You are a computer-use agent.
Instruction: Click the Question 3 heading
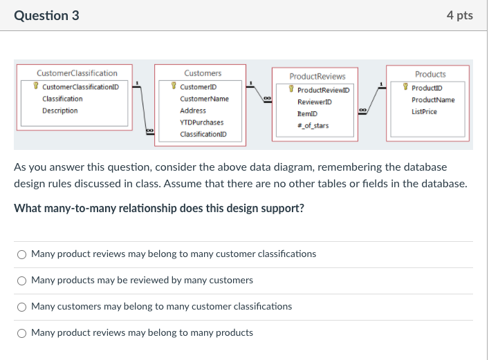pyautogui.click(x=46, y=15)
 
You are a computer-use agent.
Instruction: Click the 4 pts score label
pyautogui.click(x=460, y=15)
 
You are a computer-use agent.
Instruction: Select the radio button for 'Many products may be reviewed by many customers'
pyautogui.click(x=22, y=281)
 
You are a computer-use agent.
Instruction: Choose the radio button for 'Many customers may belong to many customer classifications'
pyautogui.click(x=22, y=307)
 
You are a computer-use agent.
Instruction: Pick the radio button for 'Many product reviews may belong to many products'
pyautogui.click(x=22, y=333)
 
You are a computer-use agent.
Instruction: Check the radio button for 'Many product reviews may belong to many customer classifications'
pyautogui.click(x=22, y=254)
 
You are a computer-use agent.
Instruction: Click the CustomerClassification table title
pyautogui.click(x=77, y=73)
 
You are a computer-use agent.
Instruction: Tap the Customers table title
pyautogui.click(x=203, y=73)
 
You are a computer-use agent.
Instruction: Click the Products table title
pyautogui.click(x=430, y=74)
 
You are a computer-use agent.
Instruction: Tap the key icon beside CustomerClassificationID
pyautogui.click(x=36, y=87)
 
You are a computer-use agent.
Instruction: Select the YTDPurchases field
pyautogui.click(x=201, y=122)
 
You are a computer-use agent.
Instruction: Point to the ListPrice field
pyautogui.click(x=424, y=111)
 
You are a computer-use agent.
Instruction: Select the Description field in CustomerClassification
pyautogui.click(x=59, y=111)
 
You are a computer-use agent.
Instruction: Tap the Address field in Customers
pyautogui.click(x=193, y=111)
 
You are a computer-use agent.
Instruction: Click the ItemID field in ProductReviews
pyautogui.click(x=308, y=114)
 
